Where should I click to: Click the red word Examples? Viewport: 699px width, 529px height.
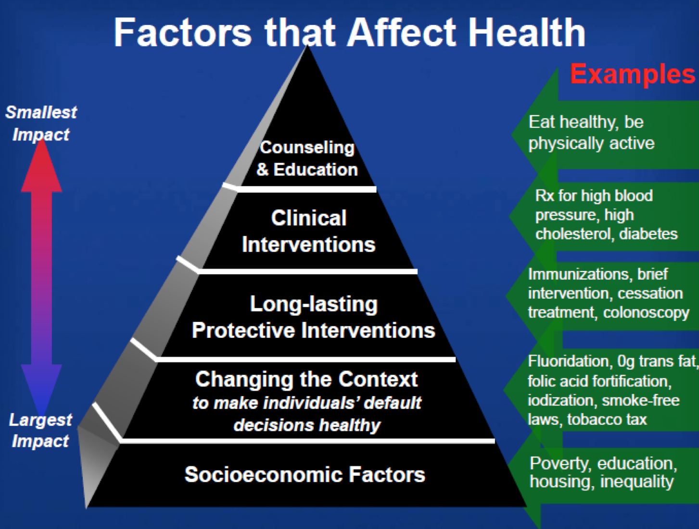(x=633, y=74)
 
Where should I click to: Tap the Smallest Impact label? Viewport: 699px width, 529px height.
(x=41, y=123)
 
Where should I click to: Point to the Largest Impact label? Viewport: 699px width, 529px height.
(x=40, y=430)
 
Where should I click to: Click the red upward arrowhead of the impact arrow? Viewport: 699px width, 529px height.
(x=41, y=167)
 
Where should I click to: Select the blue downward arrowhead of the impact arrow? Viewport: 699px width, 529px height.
(x=41, y=390)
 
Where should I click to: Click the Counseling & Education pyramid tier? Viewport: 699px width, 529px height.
(x=307, y=159)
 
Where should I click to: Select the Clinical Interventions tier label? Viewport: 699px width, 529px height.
(x=308, y=231)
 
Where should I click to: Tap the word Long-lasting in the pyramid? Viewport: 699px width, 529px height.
(x=314, y=305)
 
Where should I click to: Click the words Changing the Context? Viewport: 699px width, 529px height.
(x=306, y=379)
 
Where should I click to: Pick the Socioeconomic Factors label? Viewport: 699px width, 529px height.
(x=305, y=475)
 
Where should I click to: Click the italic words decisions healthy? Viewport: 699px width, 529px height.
(x=307, y=425)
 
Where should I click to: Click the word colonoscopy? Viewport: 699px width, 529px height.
(x=646, y=313)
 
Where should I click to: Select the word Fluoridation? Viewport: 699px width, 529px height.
(x=569, y=361)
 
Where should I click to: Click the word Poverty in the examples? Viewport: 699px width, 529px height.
(x=560, y=464)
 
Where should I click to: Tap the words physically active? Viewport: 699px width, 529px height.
(x=591, y=144)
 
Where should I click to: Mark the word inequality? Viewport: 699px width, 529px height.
(x=637, y=482)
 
